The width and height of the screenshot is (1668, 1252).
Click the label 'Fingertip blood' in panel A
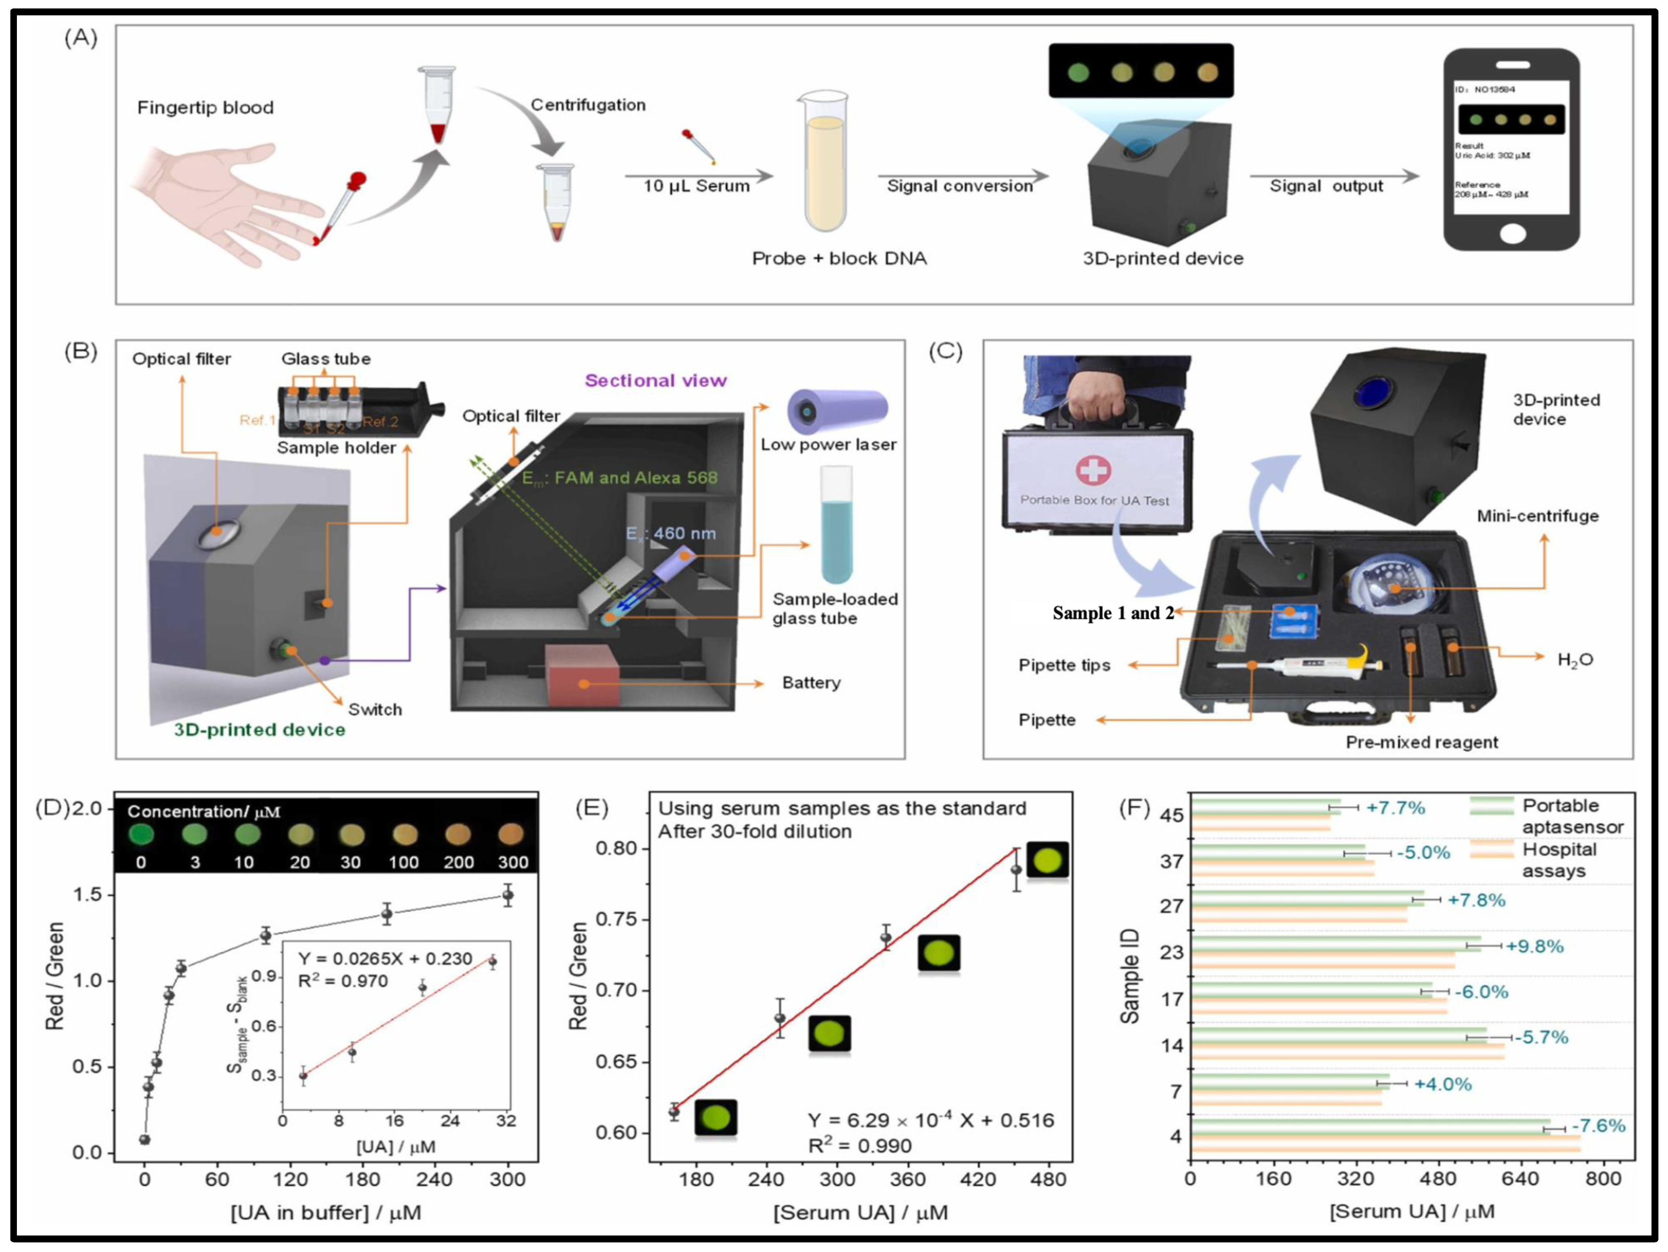click(x=205, y=108)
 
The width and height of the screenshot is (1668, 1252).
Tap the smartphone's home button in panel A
click(x=1512, y=234)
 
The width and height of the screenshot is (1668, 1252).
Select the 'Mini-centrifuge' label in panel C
click(x=1537, y=516)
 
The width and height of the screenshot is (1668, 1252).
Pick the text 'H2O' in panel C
click(x=1574, y=660)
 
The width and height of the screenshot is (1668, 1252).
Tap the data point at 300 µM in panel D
click(x=507, y=895)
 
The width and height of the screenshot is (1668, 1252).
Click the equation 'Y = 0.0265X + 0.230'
click(x=385, y=959)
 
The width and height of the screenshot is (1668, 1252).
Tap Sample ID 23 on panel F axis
click(x=1171, y=952)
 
